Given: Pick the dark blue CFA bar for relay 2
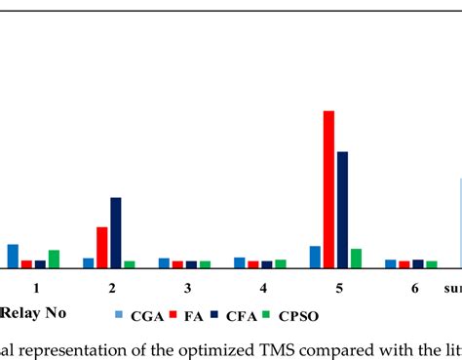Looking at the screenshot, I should point(116,232).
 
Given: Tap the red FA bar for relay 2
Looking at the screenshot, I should point(102,247).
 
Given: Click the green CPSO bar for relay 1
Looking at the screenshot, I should point(54,259).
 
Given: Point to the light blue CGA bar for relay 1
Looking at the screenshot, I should point(13,256).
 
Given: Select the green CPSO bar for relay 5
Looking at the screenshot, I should point(356,258).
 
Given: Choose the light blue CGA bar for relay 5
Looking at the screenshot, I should point(315,257).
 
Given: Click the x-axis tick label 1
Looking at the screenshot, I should point(36,289).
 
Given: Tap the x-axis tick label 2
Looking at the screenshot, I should point(112,289).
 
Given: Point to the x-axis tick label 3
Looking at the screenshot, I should point(188,289).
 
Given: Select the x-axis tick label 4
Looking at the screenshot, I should point(263,289).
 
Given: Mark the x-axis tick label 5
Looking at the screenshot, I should point(339,289).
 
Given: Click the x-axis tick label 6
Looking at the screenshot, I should point(414,289).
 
